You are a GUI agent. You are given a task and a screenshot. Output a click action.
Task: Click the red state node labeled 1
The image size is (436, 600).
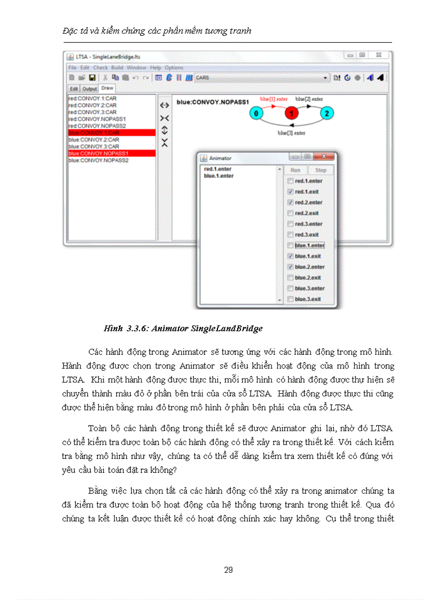[291, 113]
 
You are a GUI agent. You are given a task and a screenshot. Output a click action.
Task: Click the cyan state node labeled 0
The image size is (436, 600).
[256, 113]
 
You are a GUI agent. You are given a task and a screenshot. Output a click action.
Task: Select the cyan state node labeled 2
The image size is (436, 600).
[326, 113]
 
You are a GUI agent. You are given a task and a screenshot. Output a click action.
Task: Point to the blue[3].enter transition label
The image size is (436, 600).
[291, 133]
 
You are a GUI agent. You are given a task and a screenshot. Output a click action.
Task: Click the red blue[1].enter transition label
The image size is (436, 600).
[274, 99]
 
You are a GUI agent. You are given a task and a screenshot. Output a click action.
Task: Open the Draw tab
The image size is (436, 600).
[107, 88]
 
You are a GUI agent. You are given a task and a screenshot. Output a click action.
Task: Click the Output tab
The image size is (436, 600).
[89, 89]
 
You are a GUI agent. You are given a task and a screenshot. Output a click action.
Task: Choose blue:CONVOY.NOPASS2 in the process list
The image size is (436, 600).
[98, 160]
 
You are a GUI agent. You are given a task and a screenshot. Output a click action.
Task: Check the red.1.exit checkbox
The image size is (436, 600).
[290, 192]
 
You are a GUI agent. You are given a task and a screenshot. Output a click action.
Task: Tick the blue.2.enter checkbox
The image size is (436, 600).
[290, 267]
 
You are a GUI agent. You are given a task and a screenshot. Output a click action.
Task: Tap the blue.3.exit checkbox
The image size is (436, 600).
[290, 299]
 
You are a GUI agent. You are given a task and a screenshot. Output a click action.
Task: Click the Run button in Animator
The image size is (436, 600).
[295, 170]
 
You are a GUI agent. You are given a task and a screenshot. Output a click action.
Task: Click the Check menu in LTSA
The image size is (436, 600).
[100, 68]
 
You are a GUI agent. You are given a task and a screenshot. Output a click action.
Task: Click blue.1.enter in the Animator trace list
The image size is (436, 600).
[219, 175]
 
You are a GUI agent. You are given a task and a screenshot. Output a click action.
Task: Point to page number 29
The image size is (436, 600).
[228, 570]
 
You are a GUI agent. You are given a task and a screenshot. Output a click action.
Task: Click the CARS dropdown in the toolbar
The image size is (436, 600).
[262, 77]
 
